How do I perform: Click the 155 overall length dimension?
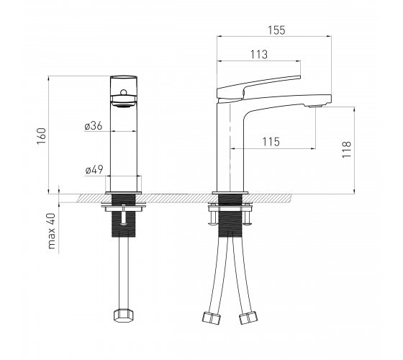click(x=276, y=30)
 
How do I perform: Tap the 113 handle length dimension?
click(x=259, y=55)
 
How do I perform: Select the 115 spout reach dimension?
click(x=271, y=142)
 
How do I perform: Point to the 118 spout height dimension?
click(x=346, y=150)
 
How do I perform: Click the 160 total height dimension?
click(x=42, y=136)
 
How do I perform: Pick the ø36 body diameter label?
click(x=94, y=126)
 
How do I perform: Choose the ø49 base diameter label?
click(x=94, y=169)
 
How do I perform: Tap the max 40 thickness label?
click(x=52, y=231)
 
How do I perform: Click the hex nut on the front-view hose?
click(x=124, y=315)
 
